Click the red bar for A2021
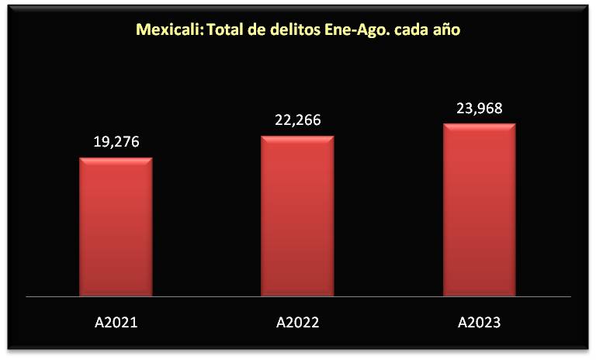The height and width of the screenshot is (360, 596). (x=116, y=227)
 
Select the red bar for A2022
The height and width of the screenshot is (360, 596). (x=297, y=216)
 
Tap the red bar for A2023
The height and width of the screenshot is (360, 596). (x=479, y=209)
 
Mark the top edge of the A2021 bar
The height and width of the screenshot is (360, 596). (x=116, y=159)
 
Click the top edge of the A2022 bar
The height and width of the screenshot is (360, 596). (x=297, y=137)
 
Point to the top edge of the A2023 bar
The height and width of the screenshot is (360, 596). (x=479, y=124)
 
